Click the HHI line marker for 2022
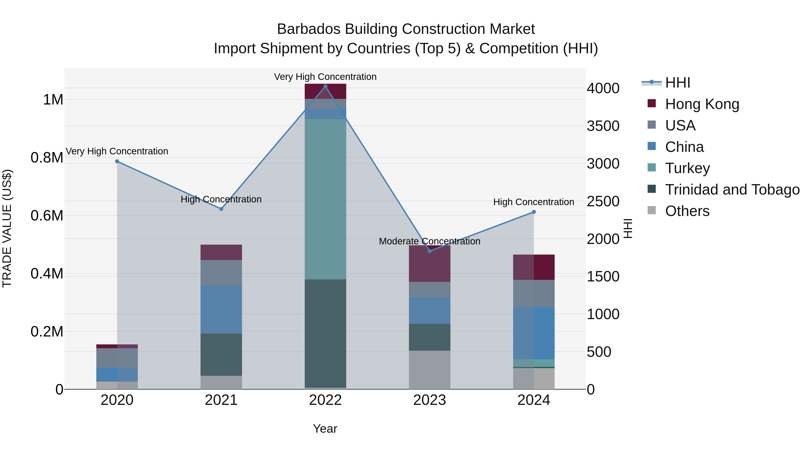[325, 86]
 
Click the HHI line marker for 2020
[117, 161]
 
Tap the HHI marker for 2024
[534, 212]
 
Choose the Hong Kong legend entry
[702, 104]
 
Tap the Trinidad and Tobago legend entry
[732, 189]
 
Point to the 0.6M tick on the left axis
[47, 216]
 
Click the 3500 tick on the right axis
[603, 126]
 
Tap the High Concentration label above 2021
[221, 199]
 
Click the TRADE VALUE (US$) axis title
[7, 228]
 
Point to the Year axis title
[325, 429]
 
